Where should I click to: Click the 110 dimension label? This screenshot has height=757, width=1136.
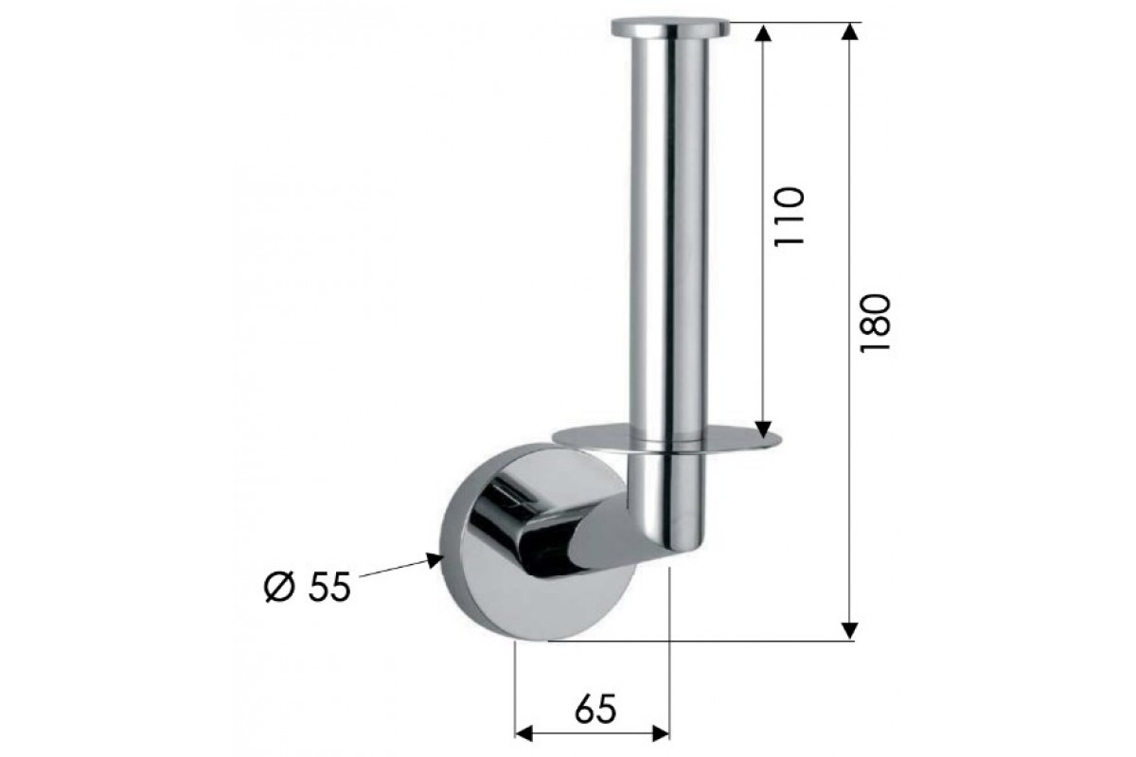click(x=790, y=217)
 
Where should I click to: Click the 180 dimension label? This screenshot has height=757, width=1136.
click(x=875, y=323)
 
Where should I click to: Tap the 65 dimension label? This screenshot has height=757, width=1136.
click(x=595, y=709)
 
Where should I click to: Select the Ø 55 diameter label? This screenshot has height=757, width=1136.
click(x=308, y=587)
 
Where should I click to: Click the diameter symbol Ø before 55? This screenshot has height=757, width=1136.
click(x=279, y=587)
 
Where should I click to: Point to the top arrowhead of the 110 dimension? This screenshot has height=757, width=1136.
click(x=763, y=32)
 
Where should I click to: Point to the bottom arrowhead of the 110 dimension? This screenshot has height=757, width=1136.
click(x=763, y=429)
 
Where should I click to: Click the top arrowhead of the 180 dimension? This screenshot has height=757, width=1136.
click(x=849, y=31)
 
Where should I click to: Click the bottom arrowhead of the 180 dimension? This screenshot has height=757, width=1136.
click(x=849, y=630)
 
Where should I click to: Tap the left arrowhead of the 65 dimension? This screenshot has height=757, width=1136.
click(x=524, y=748)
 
